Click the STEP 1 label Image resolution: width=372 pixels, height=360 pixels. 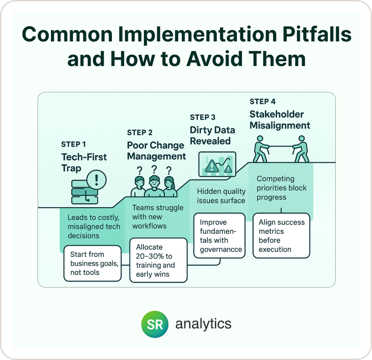point(73,144)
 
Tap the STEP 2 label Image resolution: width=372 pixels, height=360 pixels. point(140,133)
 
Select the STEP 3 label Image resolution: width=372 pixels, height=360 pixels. point(202,117)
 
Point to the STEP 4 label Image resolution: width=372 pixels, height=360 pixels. point(262,102)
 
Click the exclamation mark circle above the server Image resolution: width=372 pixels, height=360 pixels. point(96,180)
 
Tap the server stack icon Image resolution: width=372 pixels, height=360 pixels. point(85,192)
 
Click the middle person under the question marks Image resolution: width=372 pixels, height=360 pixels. point(154,186)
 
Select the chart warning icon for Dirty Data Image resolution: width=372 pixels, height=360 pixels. point(217,164)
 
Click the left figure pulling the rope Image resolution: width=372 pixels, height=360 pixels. point(261,149)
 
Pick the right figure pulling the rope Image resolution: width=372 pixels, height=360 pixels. point(301,149)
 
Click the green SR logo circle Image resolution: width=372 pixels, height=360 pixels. point(155,324)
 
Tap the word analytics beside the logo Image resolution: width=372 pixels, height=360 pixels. point(203,324)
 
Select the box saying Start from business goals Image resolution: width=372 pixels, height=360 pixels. point(92,263)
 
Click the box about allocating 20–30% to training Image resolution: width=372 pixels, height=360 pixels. point(158,260)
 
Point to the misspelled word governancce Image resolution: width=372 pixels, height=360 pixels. point(221,249)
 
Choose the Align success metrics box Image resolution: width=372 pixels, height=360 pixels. point(281,236)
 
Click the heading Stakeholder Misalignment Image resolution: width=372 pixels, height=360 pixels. point(280,120)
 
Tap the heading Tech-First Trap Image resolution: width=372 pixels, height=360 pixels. point(84,163)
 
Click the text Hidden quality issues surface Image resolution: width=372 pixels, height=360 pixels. point(221,196)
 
